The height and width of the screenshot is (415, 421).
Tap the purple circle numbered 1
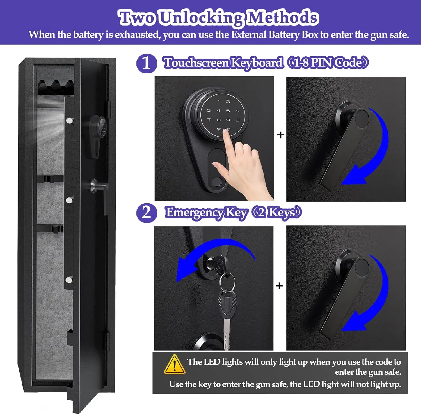tap(147, 63)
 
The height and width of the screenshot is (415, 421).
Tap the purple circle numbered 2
tap(147, 213)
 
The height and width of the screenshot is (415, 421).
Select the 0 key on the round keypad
tap(237, 120)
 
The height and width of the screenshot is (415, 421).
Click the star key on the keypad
tap(219, 129)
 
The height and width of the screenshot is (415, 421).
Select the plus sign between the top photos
tap(280, 135)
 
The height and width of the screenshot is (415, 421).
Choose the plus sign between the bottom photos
tap(279, 286)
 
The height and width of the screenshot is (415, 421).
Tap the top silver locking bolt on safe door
tap(69, 121)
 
